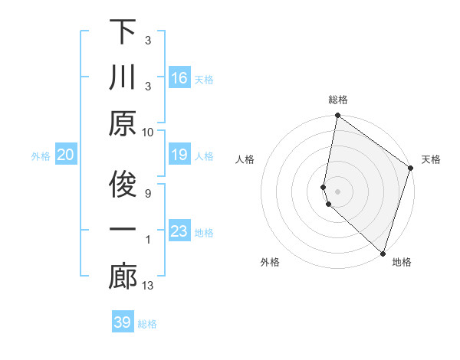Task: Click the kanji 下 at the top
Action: (x=123, y=32)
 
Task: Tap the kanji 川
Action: (x=123, y=78)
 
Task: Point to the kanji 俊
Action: (x=123, y=185)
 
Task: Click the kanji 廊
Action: (x=123, y=277)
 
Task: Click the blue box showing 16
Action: (x=179, y=78)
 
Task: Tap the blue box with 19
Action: (x=179, y=155)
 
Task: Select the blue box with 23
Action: (x=179, y=231)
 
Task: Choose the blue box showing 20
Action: (x=66, y=155)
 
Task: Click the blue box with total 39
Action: (x=123, y=322)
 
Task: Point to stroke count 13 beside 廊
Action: (x=149, y=286)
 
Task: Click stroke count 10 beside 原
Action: (x=148, y=132)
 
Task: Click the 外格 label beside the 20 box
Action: (x=41, y=156)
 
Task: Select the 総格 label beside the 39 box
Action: (x=148, y=324)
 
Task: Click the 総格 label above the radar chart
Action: (x=338, y=100)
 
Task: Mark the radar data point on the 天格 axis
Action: (x=411, y=169)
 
